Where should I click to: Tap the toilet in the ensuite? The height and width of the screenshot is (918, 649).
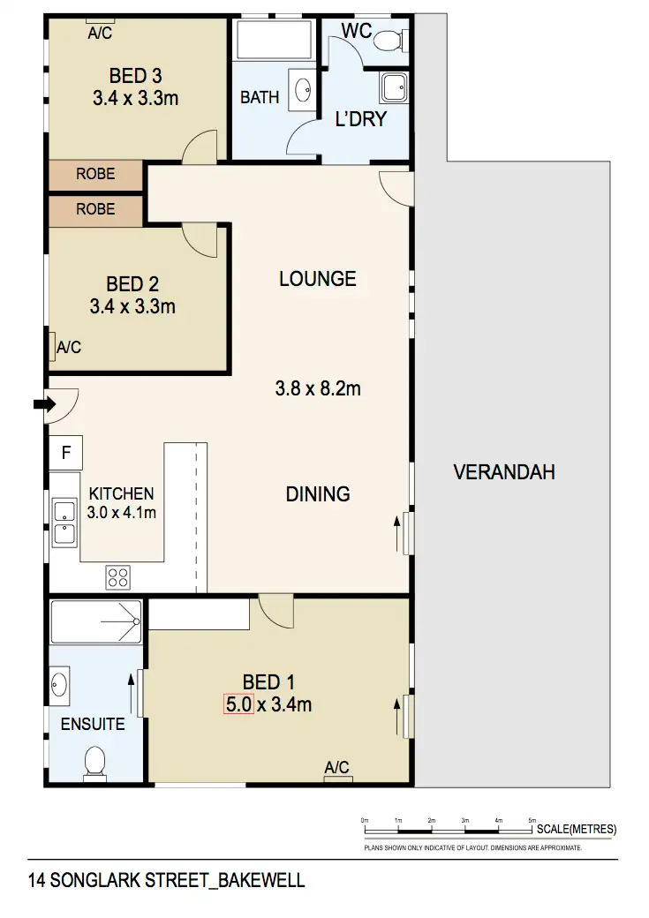click(94, 762)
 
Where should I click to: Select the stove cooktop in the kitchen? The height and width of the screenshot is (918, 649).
click(118, 577)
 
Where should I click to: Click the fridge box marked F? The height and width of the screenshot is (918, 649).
click(65, 454)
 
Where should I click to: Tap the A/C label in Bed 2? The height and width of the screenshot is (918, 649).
click(69, 348)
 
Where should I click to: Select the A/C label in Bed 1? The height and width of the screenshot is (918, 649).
click(337, 767)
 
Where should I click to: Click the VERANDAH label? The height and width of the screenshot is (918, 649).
click(504, 472)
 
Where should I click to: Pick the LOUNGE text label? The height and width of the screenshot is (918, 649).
click(318, 279)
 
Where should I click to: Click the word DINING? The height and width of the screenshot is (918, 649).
click(318, 494)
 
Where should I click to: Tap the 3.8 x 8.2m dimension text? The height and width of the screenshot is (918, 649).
click(318, 388)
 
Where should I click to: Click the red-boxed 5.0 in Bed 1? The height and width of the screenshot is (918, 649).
click(239, 704)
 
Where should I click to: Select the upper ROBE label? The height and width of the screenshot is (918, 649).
click(95, 175)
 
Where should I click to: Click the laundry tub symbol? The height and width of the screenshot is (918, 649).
click(394, 87)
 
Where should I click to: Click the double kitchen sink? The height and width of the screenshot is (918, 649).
click(64, 523)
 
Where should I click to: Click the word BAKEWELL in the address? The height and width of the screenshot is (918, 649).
click(261, 881)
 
